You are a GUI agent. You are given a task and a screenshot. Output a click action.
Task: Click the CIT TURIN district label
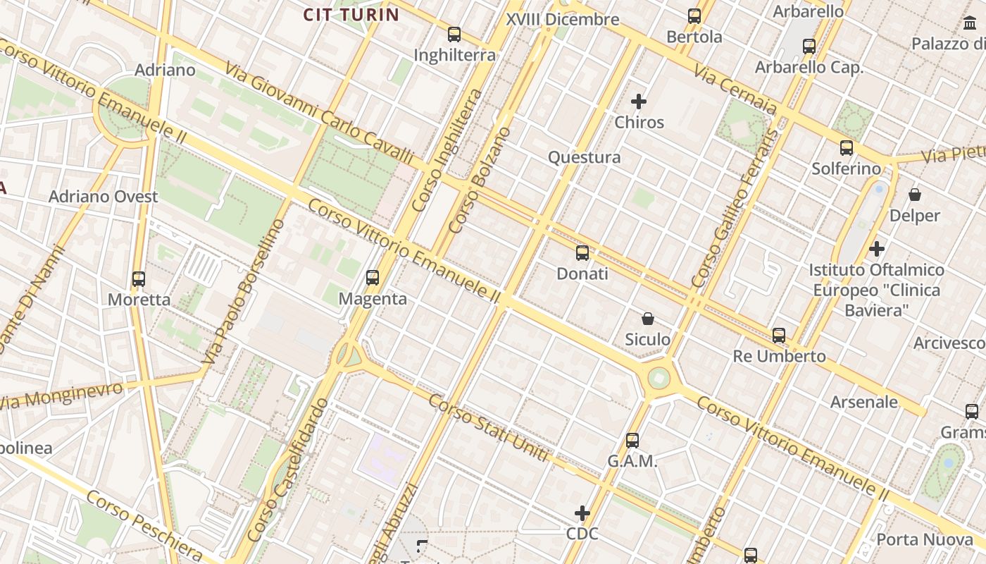[x=351, y=15]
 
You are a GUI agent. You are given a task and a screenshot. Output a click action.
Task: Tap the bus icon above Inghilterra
[x=454, y=34]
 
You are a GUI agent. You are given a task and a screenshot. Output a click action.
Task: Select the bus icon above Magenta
[x=373, y=278]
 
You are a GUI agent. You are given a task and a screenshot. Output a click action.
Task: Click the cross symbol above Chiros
[x=639, y=102]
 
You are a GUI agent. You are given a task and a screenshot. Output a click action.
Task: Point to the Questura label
[x=584, y=157]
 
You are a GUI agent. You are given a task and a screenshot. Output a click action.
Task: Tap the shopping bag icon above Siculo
[x=647, y=319]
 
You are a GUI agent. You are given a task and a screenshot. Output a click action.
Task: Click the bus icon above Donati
[x=582, y=252]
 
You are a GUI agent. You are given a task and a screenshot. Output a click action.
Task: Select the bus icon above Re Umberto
[x=779, y=336]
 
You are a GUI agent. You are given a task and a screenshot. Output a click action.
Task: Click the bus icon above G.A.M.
[x=632, y=441]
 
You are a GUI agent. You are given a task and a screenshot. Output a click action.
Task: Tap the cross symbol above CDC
[x=582, y=513]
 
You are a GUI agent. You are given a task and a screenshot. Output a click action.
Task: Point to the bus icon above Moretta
[x=139, y=278]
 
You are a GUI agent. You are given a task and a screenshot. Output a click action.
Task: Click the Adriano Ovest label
[x=103, y=197]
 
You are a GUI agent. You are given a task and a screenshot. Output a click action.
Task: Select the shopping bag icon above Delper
[x=915, y=194]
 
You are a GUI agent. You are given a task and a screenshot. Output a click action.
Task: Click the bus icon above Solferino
[x=847, y=148]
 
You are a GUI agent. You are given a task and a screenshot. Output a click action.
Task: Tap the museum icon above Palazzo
[x=970, y=23]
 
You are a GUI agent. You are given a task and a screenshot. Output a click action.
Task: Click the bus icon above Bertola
[x=694, y=16]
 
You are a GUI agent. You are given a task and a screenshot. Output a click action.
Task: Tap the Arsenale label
[x=864, y=403]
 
